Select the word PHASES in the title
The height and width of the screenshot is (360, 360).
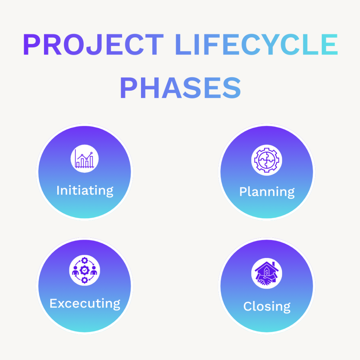pos(180,89)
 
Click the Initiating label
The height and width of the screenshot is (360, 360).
pos(85,190)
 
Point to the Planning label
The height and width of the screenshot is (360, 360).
pos(267,192)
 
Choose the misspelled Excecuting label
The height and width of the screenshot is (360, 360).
pos(85,303)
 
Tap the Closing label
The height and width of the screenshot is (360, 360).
pos(267,306)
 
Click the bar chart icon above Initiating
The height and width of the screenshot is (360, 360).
pos(84,159)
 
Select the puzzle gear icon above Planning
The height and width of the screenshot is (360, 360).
pos(267,160)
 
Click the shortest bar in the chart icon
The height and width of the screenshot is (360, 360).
pos(78,165)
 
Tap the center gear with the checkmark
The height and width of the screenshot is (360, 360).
pos(84,270)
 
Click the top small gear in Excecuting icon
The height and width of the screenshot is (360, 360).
pos(84,261)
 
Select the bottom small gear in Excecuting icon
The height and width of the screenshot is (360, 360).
pos(84,280)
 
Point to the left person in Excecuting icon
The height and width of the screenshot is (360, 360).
pos(75,272)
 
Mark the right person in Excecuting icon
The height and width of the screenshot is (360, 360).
pos(94,272)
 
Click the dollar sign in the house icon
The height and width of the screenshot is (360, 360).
pos(267,271)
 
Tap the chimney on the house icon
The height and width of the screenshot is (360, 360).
pos(273,263)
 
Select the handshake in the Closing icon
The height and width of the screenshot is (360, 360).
pos(266,280)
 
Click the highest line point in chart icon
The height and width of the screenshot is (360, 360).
pos(91,153)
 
